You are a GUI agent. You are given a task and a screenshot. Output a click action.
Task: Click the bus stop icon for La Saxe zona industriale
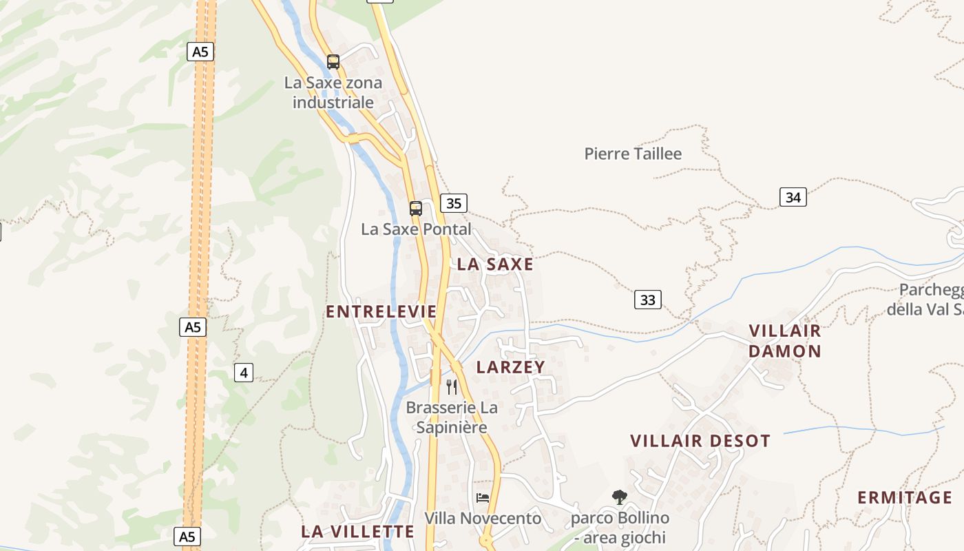click(333, 62)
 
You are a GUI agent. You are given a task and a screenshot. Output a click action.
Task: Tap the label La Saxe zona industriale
click(333, 93)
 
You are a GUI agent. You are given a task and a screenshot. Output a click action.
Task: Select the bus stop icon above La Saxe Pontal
click(416, 209)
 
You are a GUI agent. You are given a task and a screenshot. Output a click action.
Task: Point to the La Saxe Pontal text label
click(417, 229)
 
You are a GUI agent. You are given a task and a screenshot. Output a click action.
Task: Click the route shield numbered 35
click(454, 203)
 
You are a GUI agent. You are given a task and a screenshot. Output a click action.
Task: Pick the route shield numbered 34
click(793, 198)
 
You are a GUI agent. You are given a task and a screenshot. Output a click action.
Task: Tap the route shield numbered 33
click(647, 300)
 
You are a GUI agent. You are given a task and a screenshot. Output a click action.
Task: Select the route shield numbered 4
click(244, 373)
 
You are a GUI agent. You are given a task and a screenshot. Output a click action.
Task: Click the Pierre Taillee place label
click(633, 154)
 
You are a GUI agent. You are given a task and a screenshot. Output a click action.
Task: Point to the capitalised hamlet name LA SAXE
click(495, 264)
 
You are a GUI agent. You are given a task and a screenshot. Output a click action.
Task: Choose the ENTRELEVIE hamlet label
click(381, 312)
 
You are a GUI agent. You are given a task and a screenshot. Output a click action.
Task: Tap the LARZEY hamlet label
click(511, 367)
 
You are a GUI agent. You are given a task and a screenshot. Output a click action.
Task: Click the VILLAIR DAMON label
click(785, 341)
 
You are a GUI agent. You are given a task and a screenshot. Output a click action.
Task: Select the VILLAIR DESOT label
click(700, 441)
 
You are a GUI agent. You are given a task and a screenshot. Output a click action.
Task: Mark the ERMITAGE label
click(905, 497)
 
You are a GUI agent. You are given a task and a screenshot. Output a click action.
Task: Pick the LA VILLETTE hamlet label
click(358, 532)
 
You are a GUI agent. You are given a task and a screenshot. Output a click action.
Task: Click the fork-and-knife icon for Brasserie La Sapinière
click(452, 387)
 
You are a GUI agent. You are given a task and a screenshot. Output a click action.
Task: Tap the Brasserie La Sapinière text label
click(452, 417)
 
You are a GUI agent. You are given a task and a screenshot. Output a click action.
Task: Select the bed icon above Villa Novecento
click(483, 498)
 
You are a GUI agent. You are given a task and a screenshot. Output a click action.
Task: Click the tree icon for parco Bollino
click(620, 497)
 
